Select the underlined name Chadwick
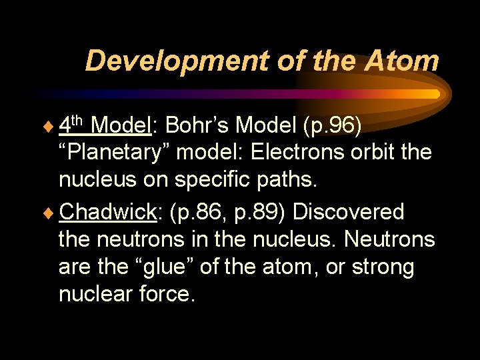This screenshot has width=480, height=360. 107,212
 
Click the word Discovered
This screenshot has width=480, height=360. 349,212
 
